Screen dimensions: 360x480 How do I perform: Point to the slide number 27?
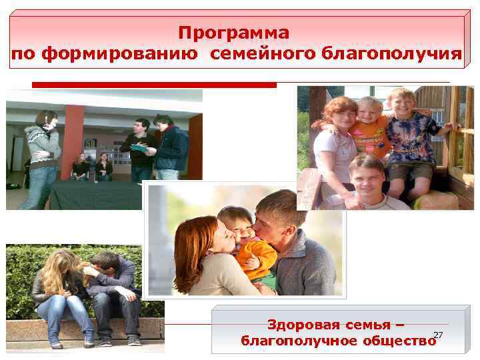click(x=438, y=335)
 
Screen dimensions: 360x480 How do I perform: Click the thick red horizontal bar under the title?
click(x=154, y=85)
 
